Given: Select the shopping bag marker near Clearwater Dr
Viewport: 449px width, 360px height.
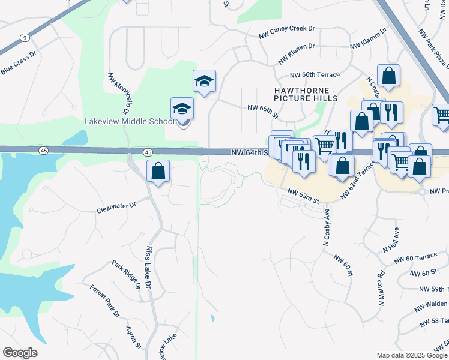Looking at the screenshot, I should pos(157,172).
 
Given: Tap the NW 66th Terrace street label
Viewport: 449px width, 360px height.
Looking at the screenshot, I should pos(315,75).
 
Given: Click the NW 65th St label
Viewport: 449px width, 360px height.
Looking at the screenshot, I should pos(264,110).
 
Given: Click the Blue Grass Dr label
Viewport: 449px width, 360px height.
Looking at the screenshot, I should pos(19,62).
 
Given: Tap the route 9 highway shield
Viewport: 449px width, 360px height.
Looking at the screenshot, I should pos(24,38).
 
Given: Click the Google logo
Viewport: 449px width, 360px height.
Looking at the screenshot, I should pos(20,353).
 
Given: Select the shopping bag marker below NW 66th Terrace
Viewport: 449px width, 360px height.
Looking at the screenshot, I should pos(388,76).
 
